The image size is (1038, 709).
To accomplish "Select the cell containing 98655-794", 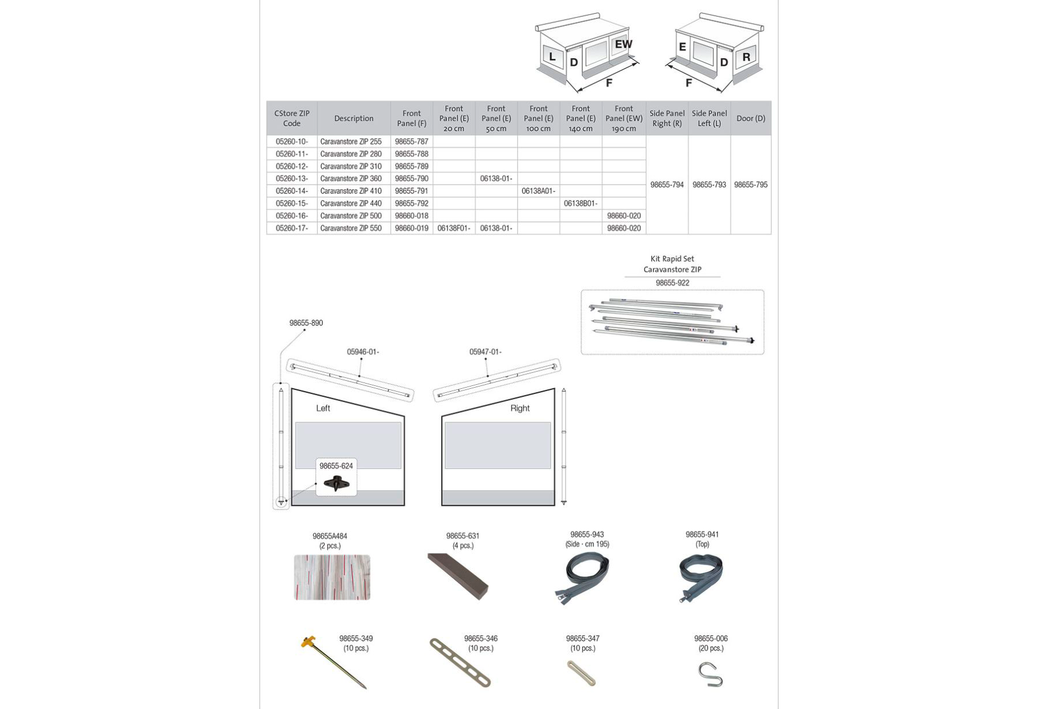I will pyautogui.click(x=667, y=185).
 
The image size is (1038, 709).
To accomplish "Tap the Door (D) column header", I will pyautogui.click(x=750, y=118).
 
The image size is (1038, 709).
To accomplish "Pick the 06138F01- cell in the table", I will pyautogui.click(x=454, y=228).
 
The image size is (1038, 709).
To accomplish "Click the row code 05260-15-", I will pyautogui.click(x=292, y=204).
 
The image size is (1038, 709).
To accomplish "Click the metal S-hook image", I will pyautogui.click(x=710, y=674).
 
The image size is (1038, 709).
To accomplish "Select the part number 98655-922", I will pyautogui.click(x=672, y=283).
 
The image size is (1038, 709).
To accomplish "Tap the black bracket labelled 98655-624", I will pyautogui.click(x=336, y=483).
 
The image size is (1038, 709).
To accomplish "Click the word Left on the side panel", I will pyautogui.click(x=323, y=408).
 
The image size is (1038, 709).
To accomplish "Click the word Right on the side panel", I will pyautogui.click(x=520, y=408).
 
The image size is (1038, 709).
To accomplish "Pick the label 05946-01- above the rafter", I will pyautogui.click(x=363, y=352).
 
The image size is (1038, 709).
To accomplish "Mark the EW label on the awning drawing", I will pyautogui.click(x=623, y=44).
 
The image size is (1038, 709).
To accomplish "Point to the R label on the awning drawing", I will pyautogui.click(x=746, y=57).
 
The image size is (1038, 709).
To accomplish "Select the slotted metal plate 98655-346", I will pyautogui.click(x=460, y=662).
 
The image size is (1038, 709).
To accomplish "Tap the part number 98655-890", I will pyautogui.click(x=306, y=323).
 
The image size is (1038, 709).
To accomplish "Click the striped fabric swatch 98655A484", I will pyautogui.click(x=332, y=577).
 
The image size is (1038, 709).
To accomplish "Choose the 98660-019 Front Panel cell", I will pyautogui.click(x=411, y=228).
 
